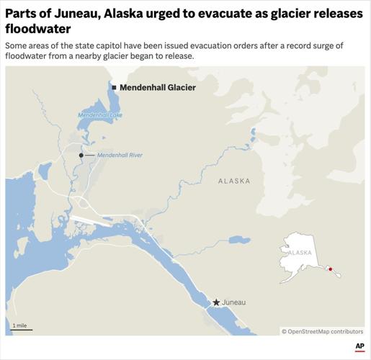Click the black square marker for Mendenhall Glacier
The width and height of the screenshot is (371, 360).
point(114,87)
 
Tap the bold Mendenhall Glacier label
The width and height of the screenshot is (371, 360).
point(157,87)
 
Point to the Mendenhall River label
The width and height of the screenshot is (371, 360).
point(120,155)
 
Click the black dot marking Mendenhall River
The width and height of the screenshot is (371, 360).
point(81,155)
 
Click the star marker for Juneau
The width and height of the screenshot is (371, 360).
point(216,302)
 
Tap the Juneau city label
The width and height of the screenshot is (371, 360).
point(235,302)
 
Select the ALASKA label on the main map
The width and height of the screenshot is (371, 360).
point(234,181)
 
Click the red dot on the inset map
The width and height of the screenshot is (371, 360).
point(330,269)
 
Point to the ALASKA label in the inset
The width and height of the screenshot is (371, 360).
point(300,253)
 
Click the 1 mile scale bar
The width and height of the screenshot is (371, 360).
point(22,330)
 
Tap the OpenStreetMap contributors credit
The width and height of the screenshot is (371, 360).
point(322,331)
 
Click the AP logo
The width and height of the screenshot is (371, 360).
point(359,346)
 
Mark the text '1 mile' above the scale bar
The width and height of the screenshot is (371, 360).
point(19,325)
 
